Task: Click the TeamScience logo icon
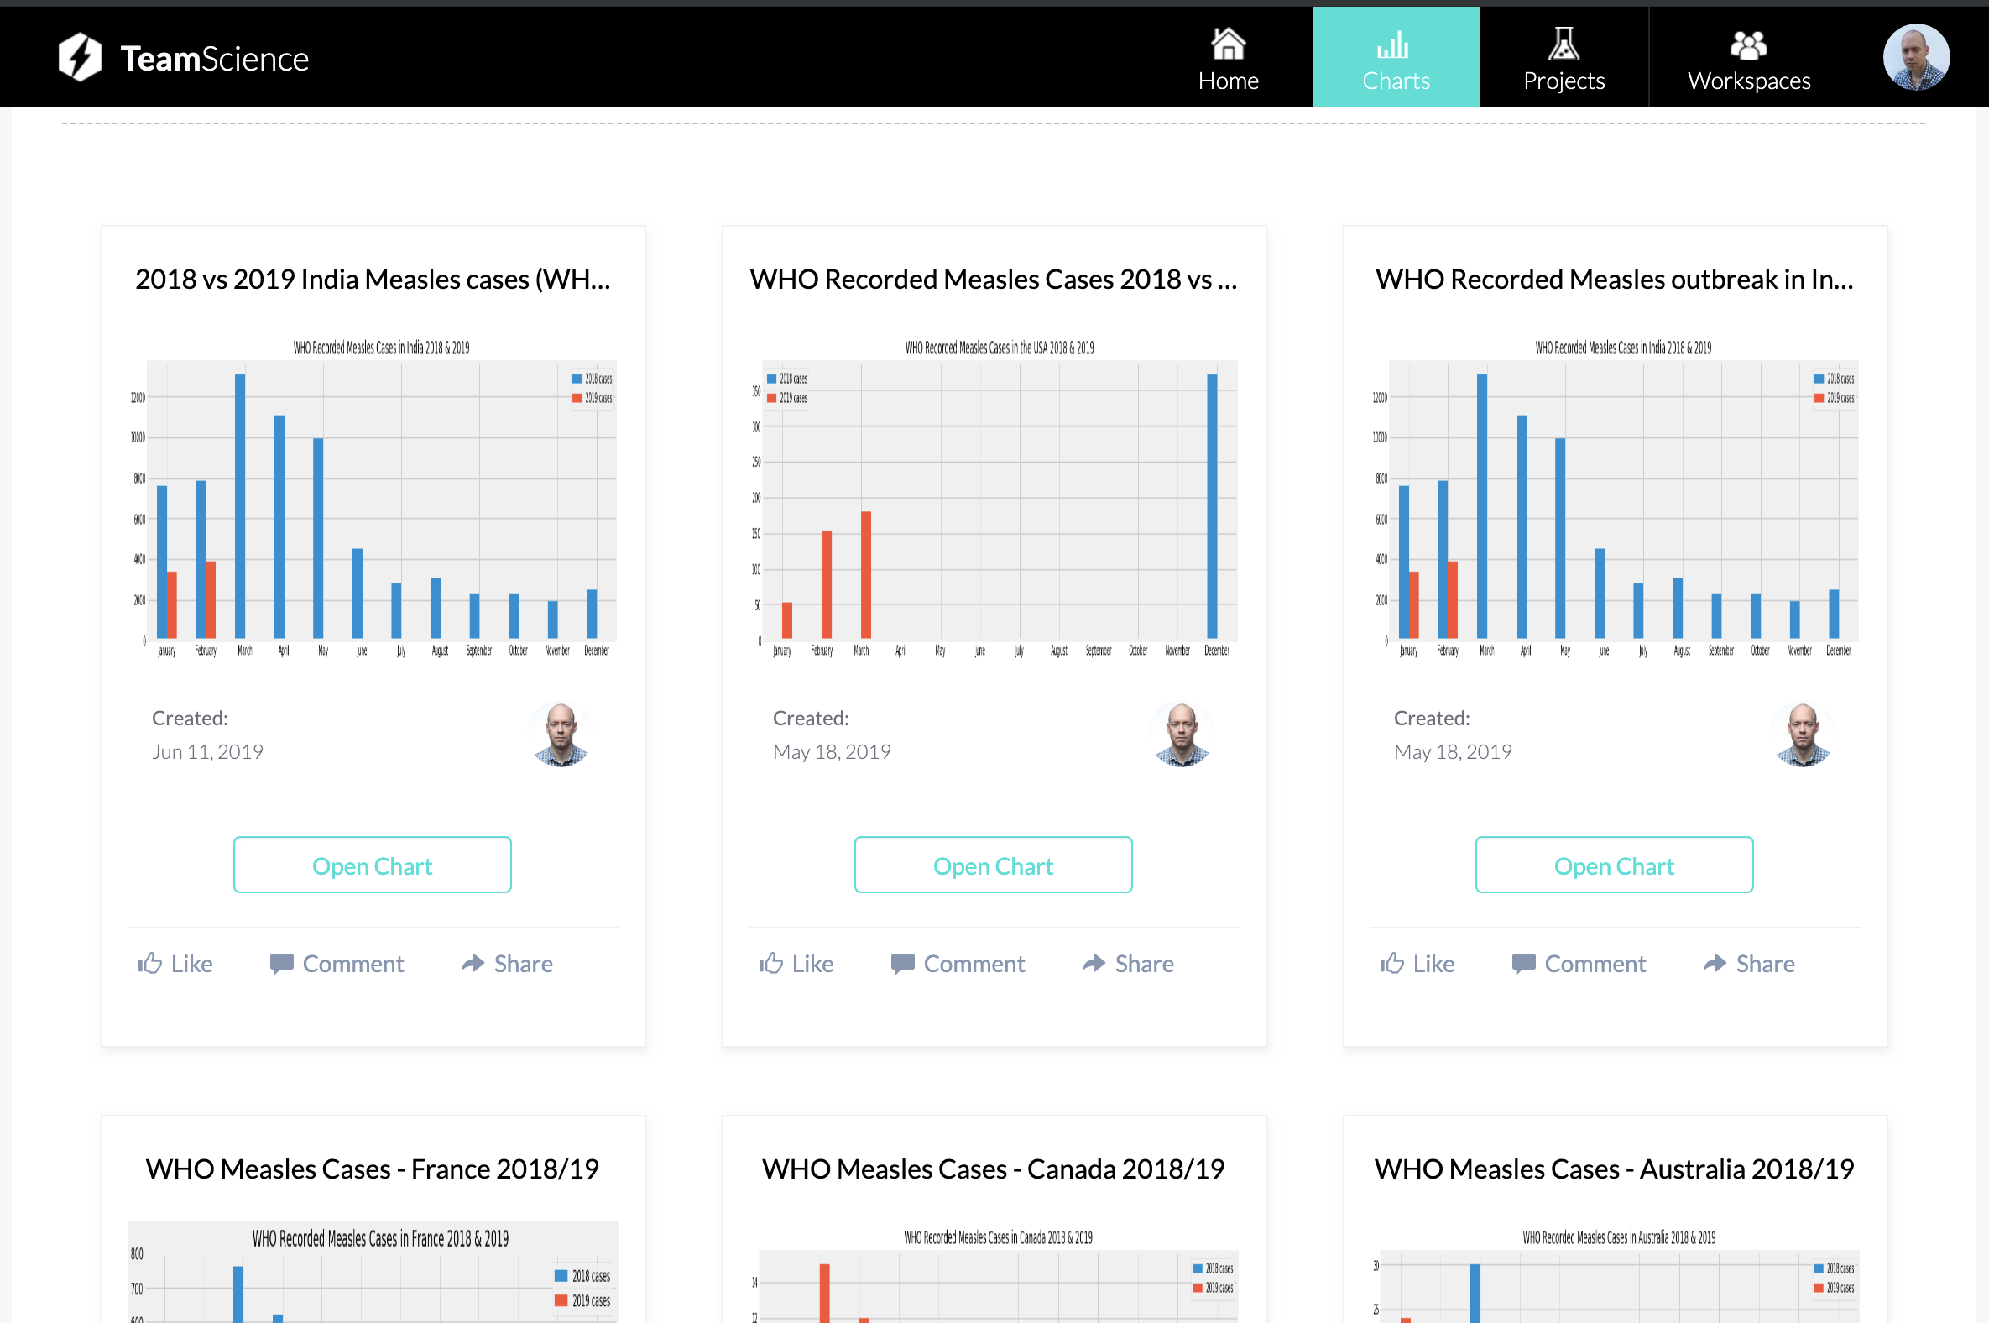pos(80,57)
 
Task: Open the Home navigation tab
pos(1227,57)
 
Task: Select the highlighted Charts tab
pos(1395,57)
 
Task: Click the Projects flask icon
pos(1563,44)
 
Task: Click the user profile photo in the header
pos(1915,57)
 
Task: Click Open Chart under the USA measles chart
pos(993,865)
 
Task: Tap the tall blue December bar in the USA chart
pos(1211,506)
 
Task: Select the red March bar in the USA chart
pos(865,573)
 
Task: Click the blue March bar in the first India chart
pos(240,506)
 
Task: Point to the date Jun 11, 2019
pos(207,752)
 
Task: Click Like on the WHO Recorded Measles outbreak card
pos(1417,964)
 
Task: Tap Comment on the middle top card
pos(958,964)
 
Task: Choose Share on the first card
pos(508,964)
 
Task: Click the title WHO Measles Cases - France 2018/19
pos(372,1169)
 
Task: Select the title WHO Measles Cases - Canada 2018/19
pos(993,1169)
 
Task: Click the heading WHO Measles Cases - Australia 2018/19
pos(1614,1169)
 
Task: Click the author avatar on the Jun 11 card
pos(560,734)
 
